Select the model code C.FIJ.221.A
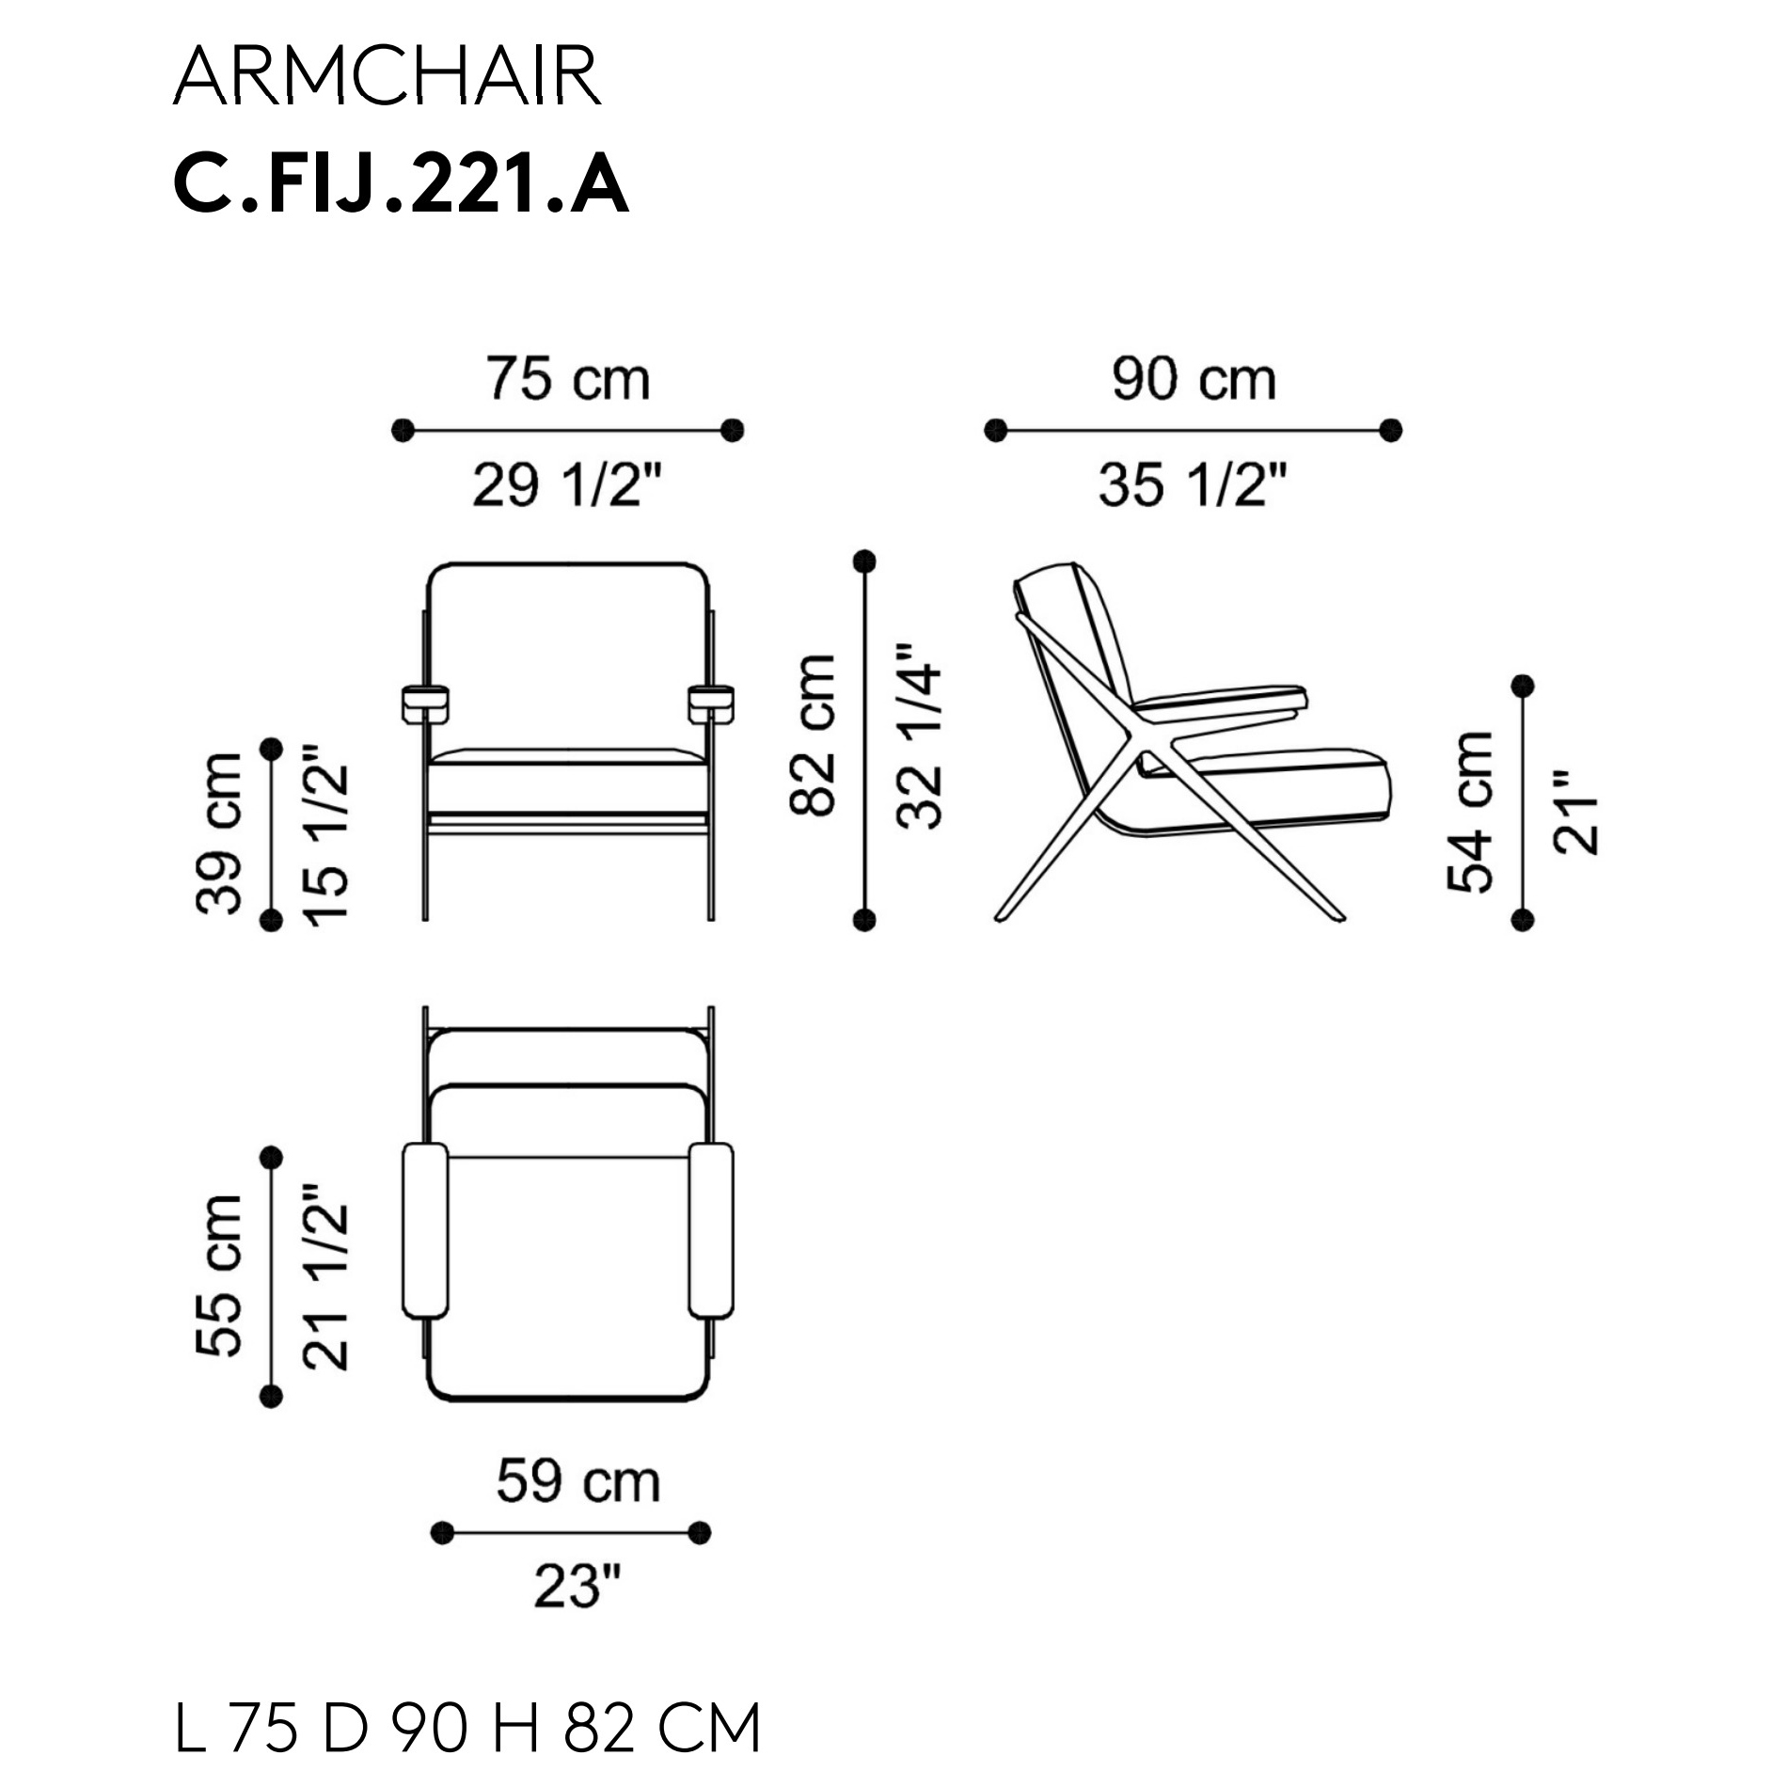pyautogui.click(x=401, y=184)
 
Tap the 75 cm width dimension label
pyautogui.click(x=568, y=379)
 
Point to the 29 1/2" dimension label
pyautogui.click(x=568, y=486)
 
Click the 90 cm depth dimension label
pyautogui.click(x=1194, y=379)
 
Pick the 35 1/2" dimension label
pyautogui.click(x=1194, y=486)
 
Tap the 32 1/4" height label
pyautogui.click(x=919, y=736)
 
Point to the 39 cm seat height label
pyautogui.click(x=219, y=833)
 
